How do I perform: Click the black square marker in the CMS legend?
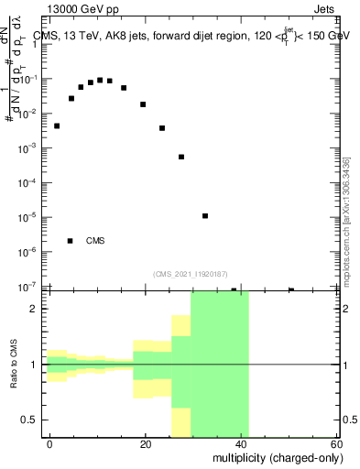click(x=71, y=241)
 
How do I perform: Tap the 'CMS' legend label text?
click(x=95, y=241)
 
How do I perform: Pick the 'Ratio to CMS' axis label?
click(x=15, y=365)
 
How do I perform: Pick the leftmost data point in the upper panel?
click(x=57, y=125)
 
